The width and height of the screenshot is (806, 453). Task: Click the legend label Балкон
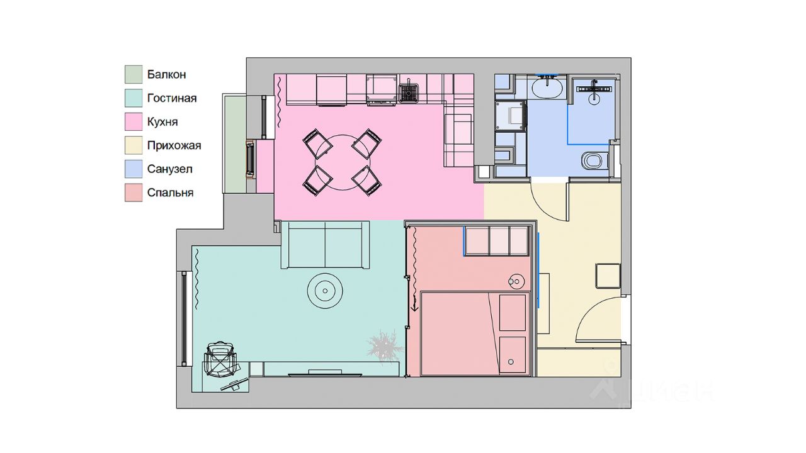[166, 74]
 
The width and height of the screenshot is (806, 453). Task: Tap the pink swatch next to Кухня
[133, 121]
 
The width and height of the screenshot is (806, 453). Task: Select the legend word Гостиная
[172, 98]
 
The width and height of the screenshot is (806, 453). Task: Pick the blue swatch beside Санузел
[133, 169]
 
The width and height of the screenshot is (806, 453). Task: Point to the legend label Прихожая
[174, 145]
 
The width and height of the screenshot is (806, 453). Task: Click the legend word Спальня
[170, 193]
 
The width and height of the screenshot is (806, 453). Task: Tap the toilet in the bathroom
[595, 160]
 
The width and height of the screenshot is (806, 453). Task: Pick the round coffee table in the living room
[325, 291]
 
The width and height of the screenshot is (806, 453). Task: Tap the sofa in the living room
[326, 245]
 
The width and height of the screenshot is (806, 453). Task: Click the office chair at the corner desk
[220, 359]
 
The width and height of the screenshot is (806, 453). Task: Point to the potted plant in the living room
[384, 347]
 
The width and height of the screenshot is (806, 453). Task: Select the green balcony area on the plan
[235, 144]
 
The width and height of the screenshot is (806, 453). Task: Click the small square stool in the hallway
[608, 276]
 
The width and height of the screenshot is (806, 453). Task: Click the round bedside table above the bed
[516, 281]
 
